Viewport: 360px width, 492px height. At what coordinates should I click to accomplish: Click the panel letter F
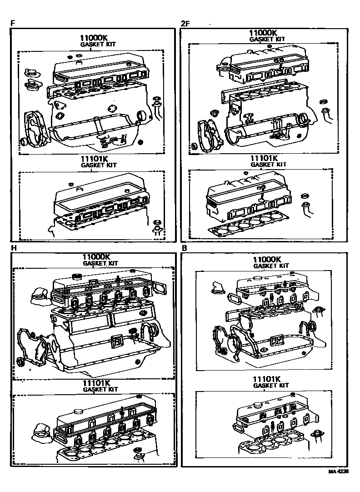(13, 23)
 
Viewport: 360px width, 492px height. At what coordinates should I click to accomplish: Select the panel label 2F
(184, 23)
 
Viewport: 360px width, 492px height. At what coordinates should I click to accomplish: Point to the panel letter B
(184, 248)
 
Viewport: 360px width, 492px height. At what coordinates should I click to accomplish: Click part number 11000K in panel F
(96, 39)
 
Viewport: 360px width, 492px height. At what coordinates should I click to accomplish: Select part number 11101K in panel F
(96, 159)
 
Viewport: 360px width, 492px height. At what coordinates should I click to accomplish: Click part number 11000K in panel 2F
(263, 33)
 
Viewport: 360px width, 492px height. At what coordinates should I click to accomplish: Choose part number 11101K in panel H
(97, 383)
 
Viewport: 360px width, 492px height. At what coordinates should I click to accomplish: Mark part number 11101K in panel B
(267, 379)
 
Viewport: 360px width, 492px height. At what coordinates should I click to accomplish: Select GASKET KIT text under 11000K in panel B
(271, 266)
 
